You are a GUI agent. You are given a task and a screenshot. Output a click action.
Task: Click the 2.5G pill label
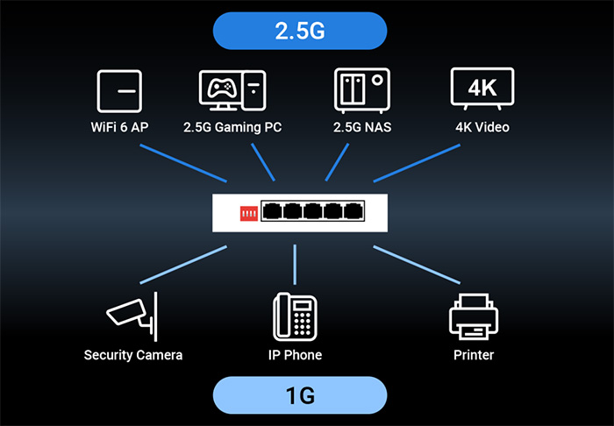coord(300,32)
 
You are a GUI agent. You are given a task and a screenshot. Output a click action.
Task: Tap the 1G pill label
coord(300,394)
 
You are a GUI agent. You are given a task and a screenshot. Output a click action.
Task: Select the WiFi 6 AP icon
coord(118,90)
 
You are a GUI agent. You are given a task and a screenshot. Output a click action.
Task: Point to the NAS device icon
coord(361,90)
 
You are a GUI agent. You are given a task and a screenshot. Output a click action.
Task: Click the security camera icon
coord(132,315)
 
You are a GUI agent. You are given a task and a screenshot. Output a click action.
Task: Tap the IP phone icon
coord(295,316)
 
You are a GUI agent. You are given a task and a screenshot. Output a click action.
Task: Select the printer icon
coord(473,316)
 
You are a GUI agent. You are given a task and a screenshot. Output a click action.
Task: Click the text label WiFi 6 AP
coord(118,128)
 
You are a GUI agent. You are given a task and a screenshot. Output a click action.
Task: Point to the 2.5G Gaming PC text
coord(232,128)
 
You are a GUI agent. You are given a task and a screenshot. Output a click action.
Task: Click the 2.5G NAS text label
coord(361,128)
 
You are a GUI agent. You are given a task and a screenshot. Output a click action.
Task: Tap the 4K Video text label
coord(482,128)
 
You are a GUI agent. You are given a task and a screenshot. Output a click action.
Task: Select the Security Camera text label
coord(133,355)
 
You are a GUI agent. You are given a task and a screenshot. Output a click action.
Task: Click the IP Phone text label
coord(295,355)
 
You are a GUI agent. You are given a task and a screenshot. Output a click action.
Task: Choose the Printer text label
coord(473,355)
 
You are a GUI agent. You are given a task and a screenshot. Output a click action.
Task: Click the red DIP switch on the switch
coord(248,213)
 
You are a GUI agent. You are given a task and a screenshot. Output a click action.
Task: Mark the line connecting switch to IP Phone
coord(295,264)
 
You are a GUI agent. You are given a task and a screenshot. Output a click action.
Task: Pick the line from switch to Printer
coord(417,266)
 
